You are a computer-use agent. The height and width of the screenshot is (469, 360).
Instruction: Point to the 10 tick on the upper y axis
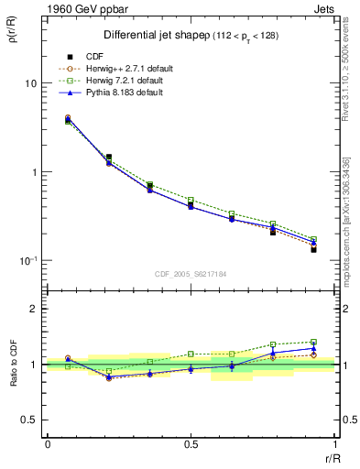pyautogui.click(x=30, y=83)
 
